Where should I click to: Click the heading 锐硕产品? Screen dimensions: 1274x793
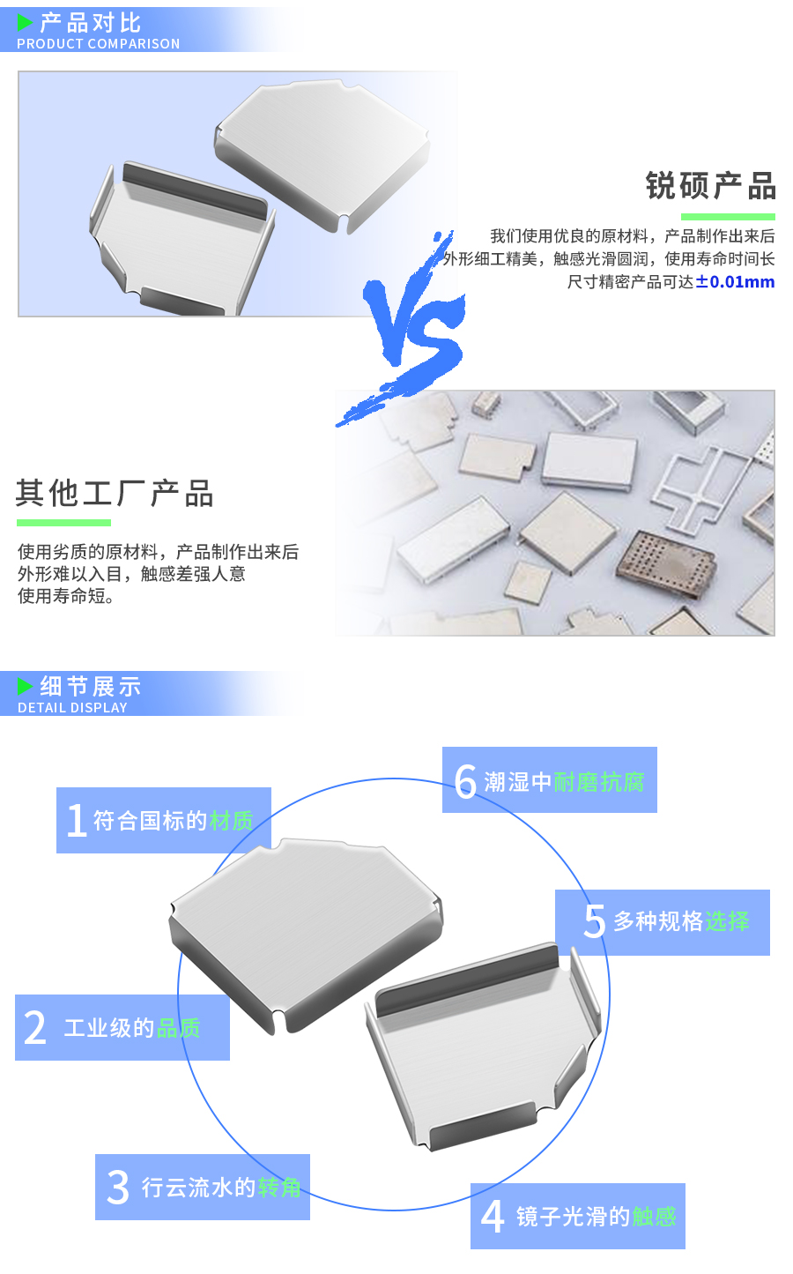tap(710, 186)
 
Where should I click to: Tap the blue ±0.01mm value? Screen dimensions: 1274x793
tap(735, 282)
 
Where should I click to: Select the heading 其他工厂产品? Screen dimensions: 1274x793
tap(115, 494)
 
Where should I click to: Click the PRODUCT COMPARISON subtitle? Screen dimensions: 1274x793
tap(98, 44)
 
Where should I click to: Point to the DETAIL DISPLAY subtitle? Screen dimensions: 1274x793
tap(72, 708)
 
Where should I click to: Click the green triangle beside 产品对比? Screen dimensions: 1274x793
tap(25, 23)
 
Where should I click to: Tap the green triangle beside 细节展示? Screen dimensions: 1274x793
tap(25, 686)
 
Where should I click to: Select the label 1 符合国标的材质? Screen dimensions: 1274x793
tap(164, 821)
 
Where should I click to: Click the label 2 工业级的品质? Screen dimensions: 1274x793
tap(122, 1028)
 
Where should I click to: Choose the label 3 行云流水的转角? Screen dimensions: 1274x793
tap(203, 1188)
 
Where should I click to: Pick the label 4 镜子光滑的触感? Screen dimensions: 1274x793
tap(578, 1217)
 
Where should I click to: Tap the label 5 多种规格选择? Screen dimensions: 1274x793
tap(663, 922)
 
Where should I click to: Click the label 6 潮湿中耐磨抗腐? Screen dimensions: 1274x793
tap(550, 781)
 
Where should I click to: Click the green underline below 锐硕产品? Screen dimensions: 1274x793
tap(728, 217)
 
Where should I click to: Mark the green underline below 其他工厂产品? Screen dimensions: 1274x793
tap(63, 523)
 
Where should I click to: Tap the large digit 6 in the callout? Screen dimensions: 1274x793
tap(465, 781)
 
